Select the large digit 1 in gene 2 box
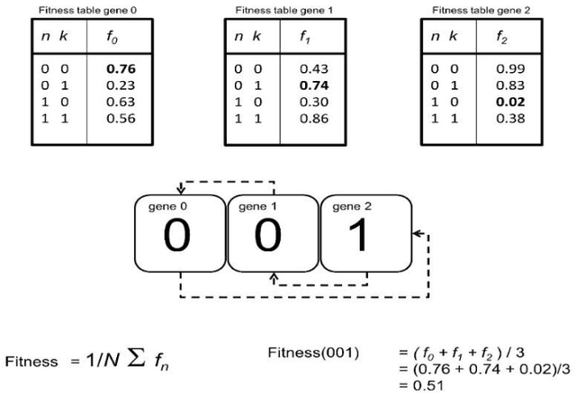tap(365, 238)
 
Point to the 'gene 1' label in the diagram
tap(256, 206)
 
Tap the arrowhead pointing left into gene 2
tap(416, 234)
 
